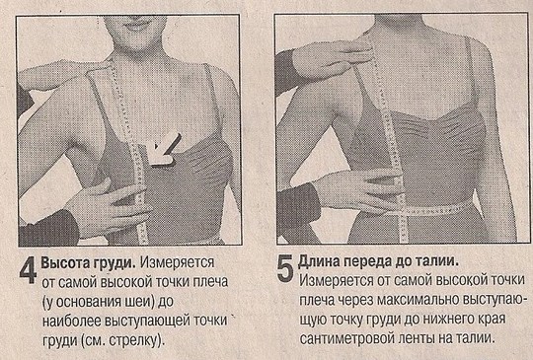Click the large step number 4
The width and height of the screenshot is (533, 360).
point(28,270)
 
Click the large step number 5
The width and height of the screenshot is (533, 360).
point(285,268)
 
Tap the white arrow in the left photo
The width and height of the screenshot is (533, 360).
point(165,150)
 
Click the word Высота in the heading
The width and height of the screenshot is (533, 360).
point(64,263)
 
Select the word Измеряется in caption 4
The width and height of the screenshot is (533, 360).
point(177,262)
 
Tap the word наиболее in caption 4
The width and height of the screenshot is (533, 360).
point(71,322)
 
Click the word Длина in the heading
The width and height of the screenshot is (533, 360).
point(318,261)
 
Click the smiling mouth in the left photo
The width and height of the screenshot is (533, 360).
point(135,26)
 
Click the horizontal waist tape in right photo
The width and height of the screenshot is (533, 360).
point(431,208)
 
